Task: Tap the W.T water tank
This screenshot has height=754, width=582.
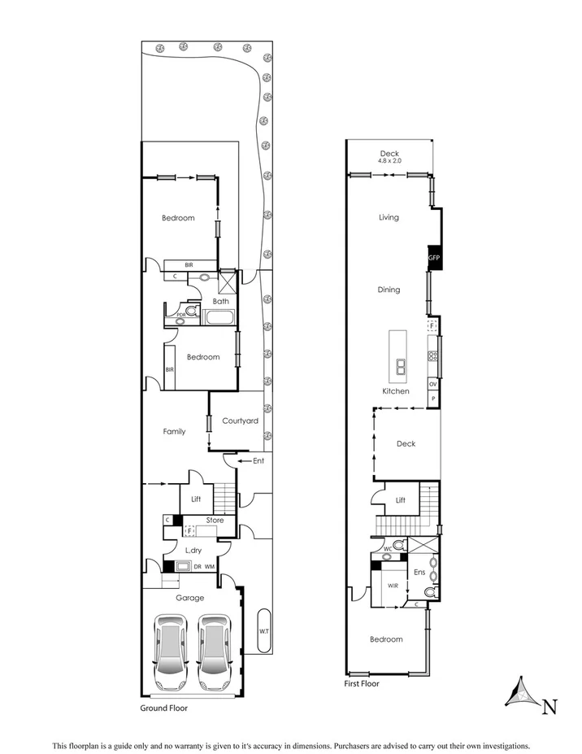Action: pyautogui.click(x=264, y=630)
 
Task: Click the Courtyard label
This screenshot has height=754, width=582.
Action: pyautogui.click(x=241, y=421)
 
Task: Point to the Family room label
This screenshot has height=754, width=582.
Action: pyautogui.click(x=174, y=432)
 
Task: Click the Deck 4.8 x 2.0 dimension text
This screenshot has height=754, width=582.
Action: pyautogui.click(x=389, y=161)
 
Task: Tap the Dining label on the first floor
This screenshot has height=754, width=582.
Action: pyautogui.click(x=389, y=290)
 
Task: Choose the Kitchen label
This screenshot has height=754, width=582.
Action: pyautogui.click(x=396, y=391)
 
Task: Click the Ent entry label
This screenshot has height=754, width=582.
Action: pyautogui.click(x=259, y=461)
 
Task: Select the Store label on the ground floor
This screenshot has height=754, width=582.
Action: pyautogui.click(x=215, y=521)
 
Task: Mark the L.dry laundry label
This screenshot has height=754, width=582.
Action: pyautogui.click(x=193, y=551)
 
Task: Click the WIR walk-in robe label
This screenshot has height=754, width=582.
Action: pyautogui.click(x=393, y=585)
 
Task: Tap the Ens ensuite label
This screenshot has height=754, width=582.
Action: pyautogui.click(x=420, y=572)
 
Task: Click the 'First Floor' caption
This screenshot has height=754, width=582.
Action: pyautogui.click(x=362, y=684)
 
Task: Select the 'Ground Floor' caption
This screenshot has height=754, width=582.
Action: pyautogui.click(x=164, y=708)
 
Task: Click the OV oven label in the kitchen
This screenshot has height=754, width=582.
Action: pyautogui.click(x=433, y=384)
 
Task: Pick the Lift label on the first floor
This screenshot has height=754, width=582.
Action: pyautogui.click(x=401, y=501)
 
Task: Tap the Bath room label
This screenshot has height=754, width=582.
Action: pyautogui.click(x=220, y=301)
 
